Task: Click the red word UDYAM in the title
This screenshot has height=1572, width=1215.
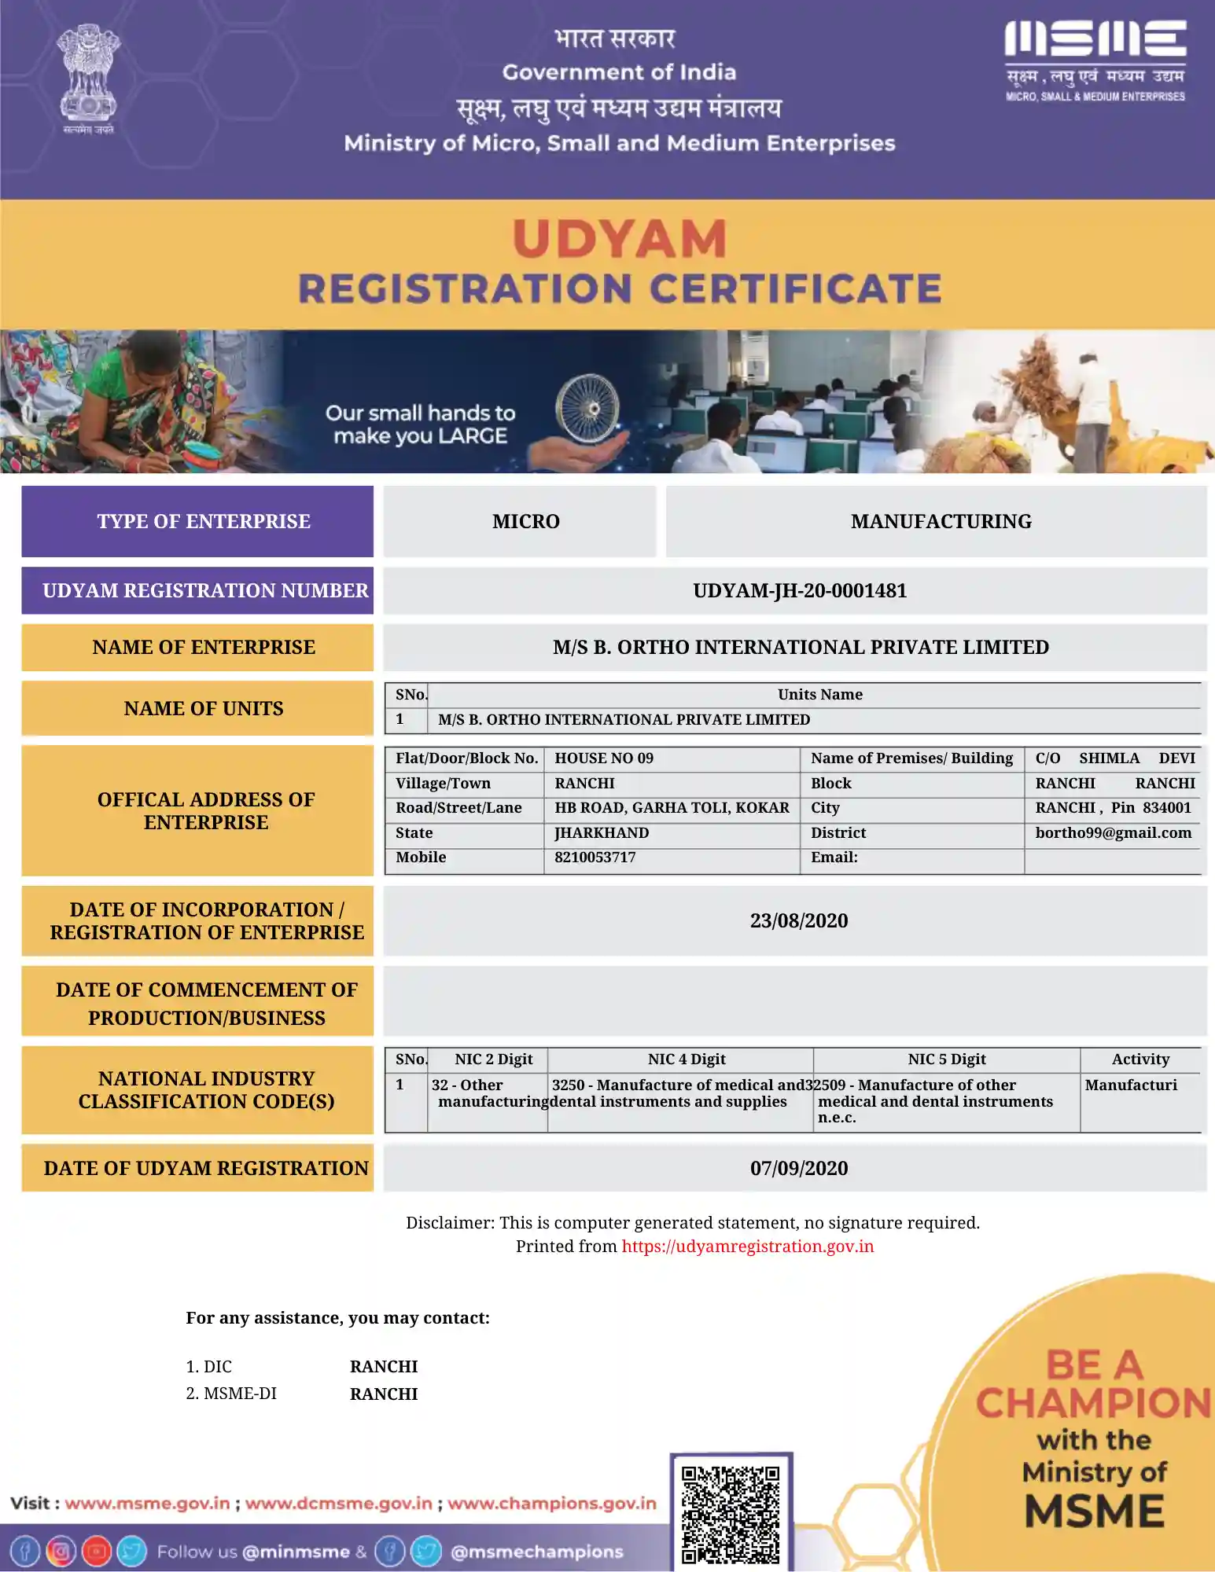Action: pyautogui.click(x=620, y=239)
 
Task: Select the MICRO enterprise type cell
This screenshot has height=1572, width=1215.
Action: pyautogui.click(x=525, y=521)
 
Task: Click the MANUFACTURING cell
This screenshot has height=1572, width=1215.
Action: pyautogui.click(x=941, y=521)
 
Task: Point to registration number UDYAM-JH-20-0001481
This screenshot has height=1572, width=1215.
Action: pyautogui.click(x=799, y=590)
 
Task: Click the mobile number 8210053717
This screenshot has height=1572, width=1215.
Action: pyautogui.click(x=595, y=858)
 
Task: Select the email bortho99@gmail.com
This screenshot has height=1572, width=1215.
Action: pyautogui.click(x=1113, y=832)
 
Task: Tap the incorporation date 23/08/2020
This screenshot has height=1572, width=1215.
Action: pyautogui.click(x=798, y=920)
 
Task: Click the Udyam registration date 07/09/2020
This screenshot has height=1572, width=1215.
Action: pyautogui.click(x=798, y=1168)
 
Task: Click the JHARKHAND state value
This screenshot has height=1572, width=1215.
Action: pyautogui.click(x=602, y=832)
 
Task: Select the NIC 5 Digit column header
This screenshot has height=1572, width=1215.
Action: pyautogui.click(x=946, y=1060)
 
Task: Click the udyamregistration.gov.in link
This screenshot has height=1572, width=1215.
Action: pyautogui.click(x=747, y=1247)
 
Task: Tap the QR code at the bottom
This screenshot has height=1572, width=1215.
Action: pyautogui.click(x=731, y=1513)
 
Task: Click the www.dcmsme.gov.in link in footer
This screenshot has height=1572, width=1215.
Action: pyautogui.click(x=339, y=1504)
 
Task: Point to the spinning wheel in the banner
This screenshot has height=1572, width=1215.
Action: pyautogui.click(x=587, y=407)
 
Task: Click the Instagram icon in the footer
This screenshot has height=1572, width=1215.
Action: pyautogui.click(x=61, y=1552)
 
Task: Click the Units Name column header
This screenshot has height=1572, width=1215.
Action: pyautogui.click(x=819, y=695)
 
